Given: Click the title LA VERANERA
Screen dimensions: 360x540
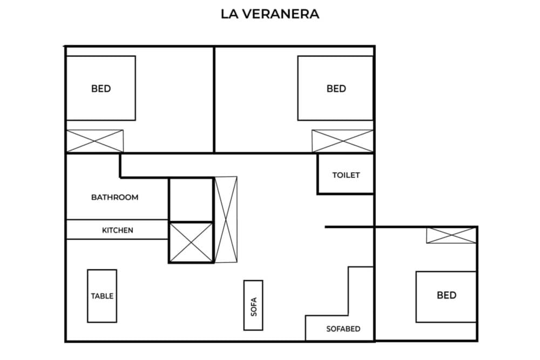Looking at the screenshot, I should coord(270,14).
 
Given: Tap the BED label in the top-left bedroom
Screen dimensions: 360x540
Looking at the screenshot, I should coord(101,89).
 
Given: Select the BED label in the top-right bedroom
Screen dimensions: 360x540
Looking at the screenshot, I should coord(336,89).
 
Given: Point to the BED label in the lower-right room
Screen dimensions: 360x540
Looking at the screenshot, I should coord(447,295).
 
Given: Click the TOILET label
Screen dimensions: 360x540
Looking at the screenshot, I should coord(346,175).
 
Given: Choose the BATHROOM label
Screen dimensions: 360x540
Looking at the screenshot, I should coord(114,198).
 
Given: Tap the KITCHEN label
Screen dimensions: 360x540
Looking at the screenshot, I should coord(117,230).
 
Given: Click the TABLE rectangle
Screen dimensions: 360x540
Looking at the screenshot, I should coord(102,296).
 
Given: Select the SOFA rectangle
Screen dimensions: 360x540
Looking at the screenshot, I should coord(253,305).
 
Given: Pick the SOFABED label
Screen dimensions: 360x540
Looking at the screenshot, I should coord(343,329).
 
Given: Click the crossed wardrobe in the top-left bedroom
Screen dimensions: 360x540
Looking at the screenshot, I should coord(94,141).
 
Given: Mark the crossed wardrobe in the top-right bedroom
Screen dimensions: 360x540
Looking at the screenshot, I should coord(342,141).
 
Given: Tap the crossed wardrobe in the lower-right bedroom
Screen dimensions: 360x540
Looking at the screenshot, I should coord(451,235).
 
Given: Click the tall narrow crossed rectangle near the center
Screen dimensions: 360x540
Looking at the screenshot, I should coord(225,219).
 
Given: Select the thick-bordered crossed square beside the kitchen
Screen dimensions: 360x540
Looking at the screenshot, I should coord(191,242).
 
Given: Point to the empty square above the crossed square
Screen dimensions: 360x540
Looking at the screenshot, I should coord(191,200).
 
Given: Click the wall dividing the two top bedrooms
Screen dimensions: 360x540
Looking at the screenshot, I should coord(214,99).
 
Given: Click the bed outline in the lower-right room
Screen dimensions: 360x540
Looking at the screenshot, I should coord(446,313).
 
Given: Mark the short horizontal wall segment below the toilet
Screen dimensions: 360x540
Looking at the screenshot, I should coord(349,227).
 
